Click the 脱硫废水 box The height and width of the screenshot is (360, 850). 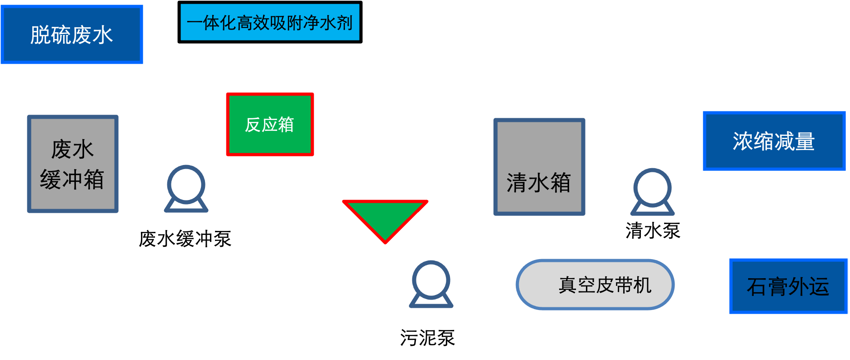pos(72,35)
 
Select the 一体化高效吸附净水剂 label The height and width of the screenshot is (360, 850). pos(270,22)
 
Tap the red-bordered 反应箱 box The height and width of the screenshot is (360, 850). pos(270,124)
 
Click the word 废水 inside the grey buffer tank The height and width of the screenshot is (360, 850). pos(72,150)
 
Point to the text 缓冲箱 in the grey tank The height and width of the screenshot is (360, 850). pos(72,180)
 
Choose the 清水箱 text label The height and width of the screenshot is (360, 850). pos(539,183)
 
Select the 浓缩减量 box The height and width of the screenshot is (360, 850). pos(774,141)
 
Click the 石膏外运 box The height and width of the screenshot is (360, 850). pos(788,286)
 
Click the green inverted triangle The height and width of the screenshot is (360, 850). pos(385,216)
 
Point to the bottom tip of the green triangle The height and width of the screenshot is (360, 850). pos(385,241)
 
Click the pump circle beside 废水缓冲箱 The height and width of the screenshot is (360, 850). pos(186,184)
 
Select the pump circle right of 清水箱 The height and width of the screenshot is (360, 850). pos(652,187)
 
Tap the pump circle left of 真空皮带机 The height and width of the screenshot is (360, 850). pos(431,280)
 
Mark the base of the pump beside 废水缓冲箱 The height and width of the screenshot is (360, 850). pos(186,207)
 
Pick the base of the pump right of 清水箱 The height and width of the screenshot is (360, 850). pos(652,210)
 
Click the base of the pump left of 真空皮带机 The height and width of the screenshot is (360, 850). pos(431,303)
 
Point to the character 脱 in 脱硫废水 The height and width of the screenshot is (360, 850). pos(40,35)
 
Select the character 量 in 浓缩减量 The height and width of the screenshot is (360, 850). pos(805,141)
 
